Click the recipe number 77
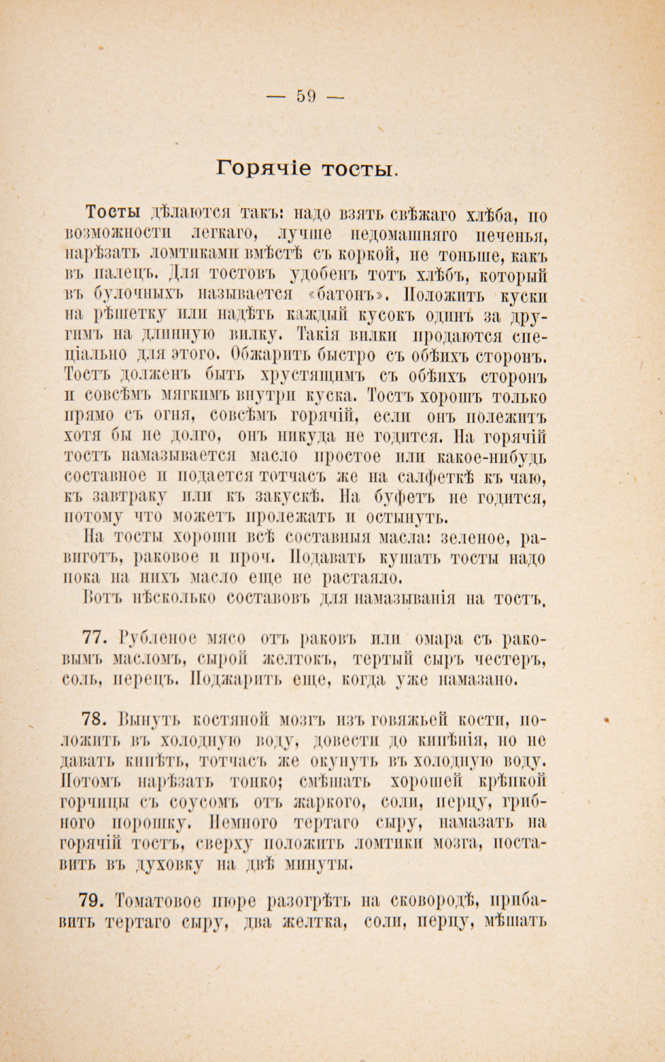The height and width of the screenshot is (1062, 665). pos(97,639)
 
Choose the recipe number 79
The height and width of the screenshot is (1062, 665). pos(97,901)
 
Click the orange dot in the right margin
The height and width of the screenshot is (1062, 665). pos(606,720)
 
